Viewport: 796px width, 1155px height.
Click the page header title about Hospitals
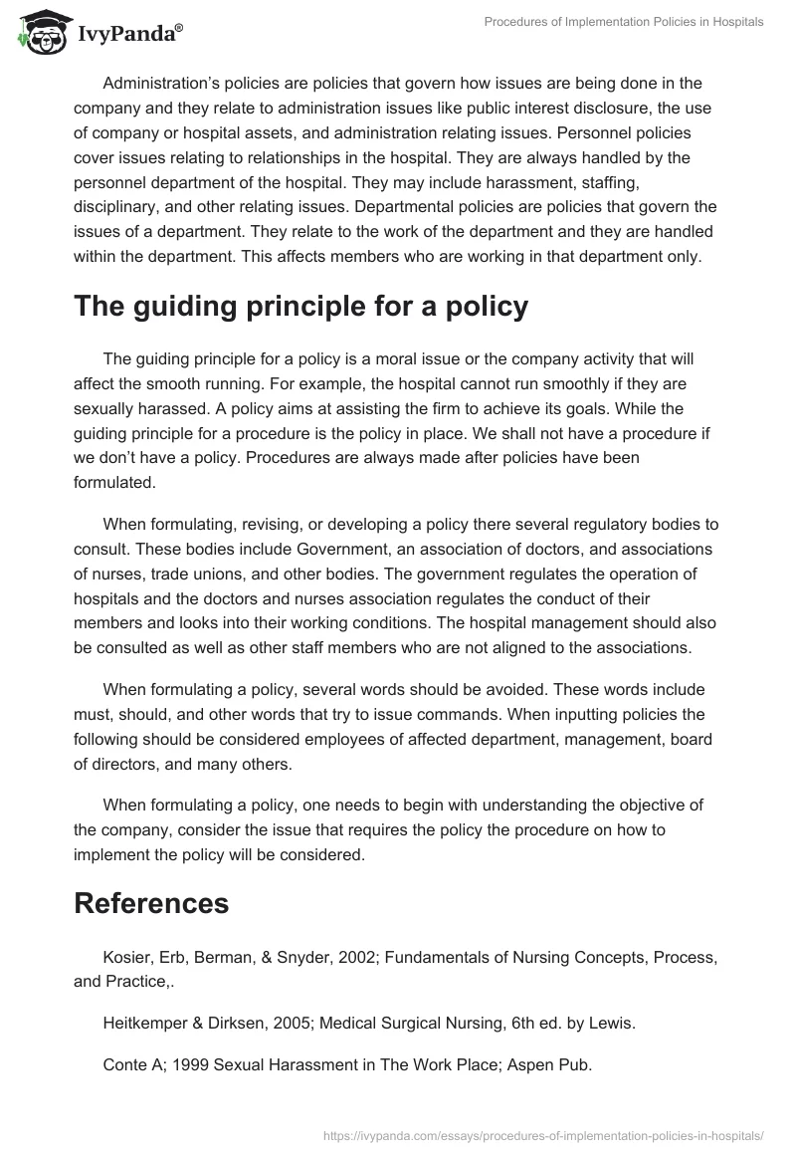click(624, 21)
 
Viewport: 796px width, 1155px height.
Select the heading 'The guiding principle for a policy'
click(300, 307)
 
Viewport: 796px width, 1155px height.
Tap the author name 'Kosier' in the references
click(126, 957)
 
